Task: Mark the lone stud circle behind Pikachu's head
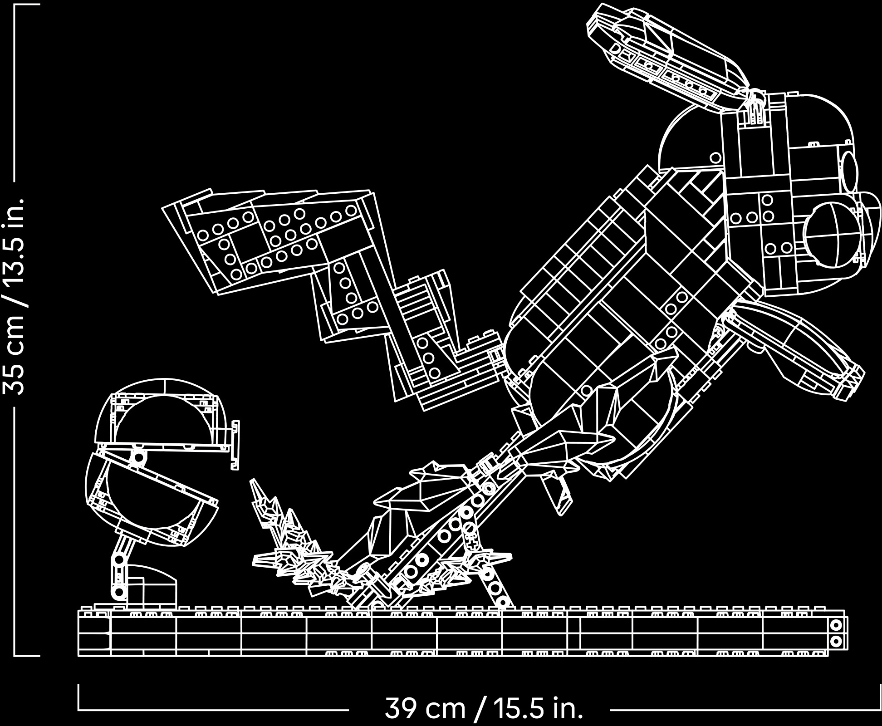click(715, 158)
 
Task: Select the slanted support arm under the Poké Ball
click(120, 567)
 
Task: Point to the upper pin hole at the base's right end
click(836, 625)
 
